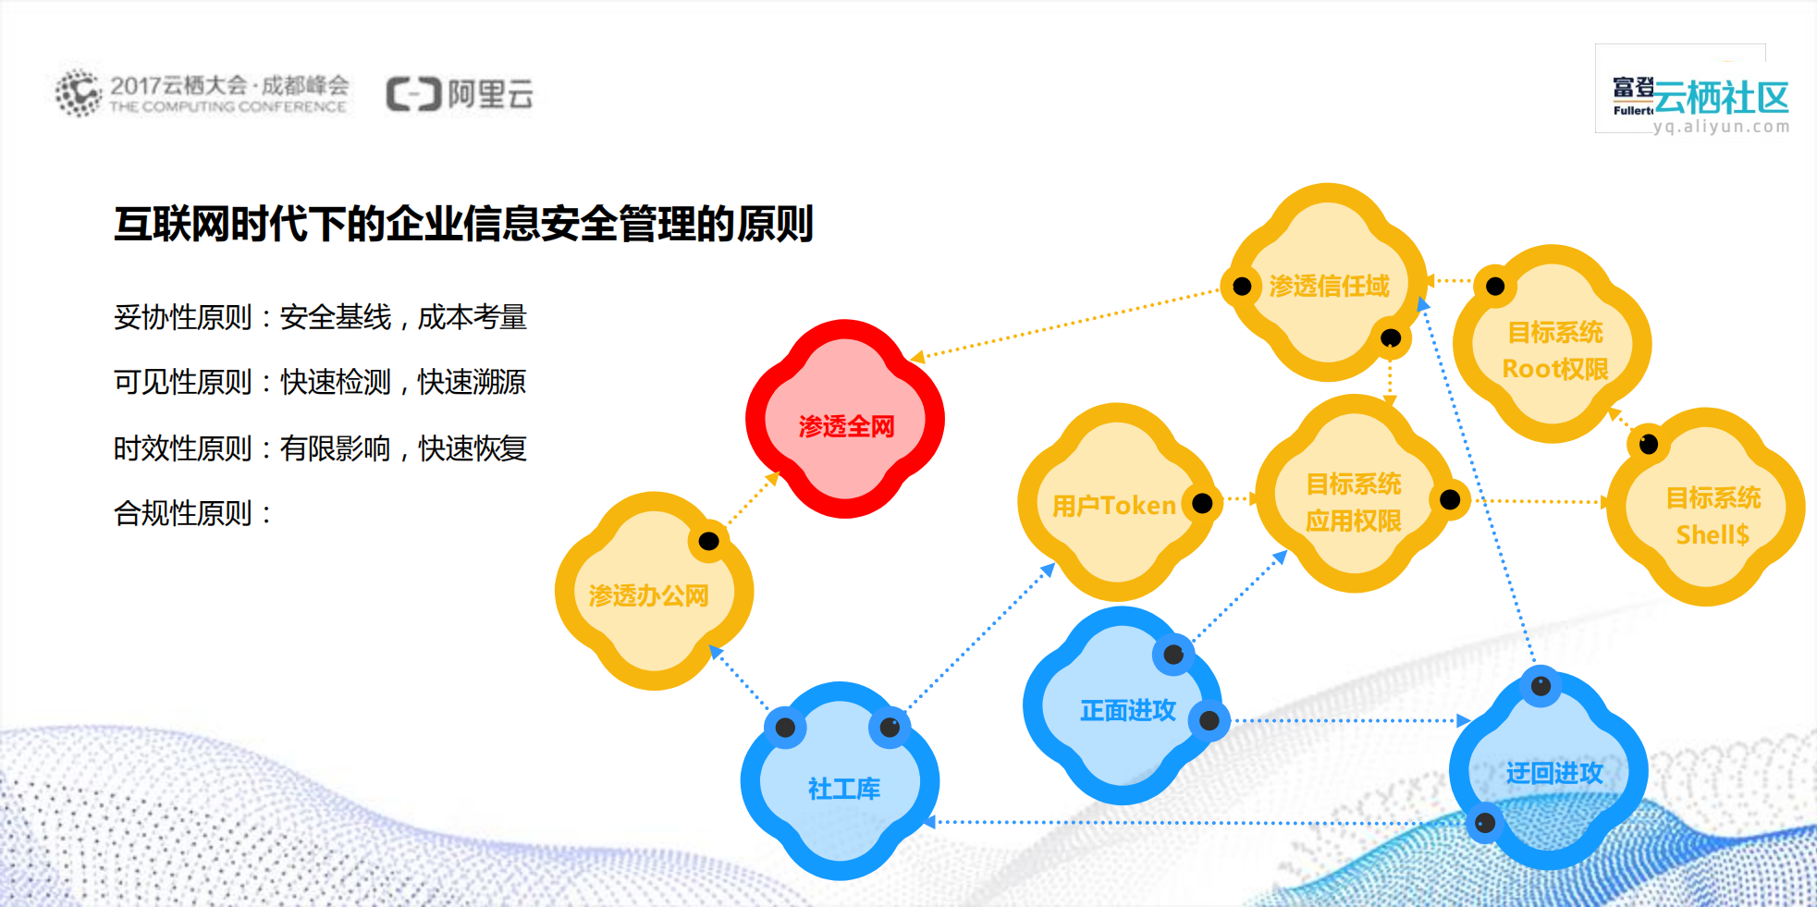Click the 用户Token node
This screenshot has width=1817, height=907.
pos(1114,504)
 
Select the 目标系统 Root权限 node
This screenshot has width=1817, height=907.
pos(1554,349)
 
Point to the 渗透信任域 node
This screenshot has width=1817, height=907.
pos(1329,285)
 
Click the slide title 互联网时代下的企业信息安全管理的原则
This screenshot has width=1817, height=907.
pos(462,224)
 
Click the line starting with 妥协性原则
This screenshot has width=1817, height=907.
pos(320,317)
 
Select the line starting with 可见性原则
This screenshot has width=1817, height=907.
pos(320,382)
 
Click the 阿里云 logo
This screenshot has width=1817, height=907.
pos(460,94)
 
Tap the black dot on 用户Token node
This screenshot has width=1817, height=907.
pos(1202,503)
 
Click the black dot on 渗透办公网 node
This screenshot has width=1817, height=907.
pos(708,541)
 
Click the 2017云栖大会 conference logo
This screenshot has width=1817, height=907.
pos(203,93)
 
